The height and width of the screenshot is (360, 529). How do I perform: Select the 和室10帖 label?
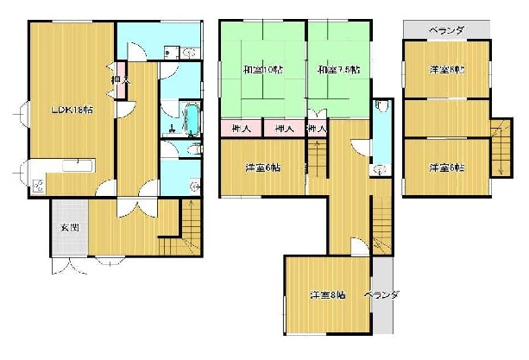click(x=261, y=69)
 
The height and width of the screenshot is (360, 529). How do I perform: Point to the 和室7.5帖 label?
click(x=337, y=69)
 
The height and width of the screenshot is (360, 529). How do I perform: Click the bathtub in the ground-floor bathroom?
click(x=191, y=119)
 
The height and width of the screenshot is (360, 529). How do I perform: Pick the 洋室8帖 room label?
click(x=328, y=295)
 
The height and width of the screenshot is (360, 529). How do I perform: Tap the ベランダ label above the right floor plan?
click(x=445, y=30)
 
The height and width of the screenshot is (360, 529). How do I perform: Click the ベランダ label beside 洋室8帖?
click(x=381, y=295)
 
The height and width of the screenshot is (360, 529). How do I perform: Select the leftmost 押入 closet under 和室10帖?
click(x=242, y=129)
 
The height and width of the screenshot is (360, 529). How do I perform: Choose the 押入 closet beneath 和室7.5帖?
click(x=317, y=129)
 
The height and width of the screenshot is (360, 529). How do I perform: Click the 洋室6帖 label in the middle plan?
click(x=261, y=167)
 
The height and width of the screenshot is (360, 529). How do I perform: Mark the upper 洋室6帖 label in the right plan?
click(x=447, y=71)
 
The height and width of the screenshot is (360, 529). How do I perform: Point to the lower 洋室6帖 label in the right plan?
click(x=447, y=167)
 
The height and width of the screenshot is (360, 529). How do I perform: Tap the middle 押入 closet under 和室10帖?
click(x=282, y=129)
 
